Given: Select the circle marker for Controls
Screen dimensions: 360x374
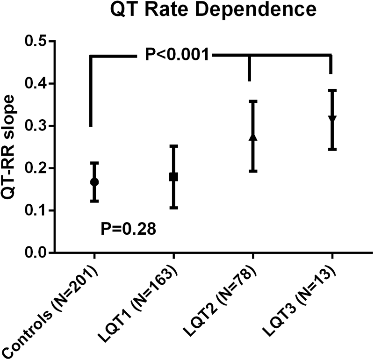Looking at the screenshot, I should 94,182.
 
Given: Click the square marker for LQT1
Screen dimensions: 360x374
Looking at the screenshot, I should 173,177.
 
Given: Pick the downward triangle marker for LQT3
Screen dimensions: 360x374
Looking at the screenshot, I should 332,119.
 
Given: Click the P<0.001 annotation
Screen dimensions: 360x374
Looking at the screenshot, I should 177,55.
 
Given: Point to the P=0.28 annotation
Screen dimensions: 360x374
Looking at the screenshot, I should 128,229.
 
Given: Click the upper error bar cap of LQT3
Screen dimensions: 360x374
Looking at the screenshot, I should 332,90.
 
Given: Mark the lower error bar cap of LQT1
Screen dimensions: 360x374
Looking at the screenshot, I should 173,208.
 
